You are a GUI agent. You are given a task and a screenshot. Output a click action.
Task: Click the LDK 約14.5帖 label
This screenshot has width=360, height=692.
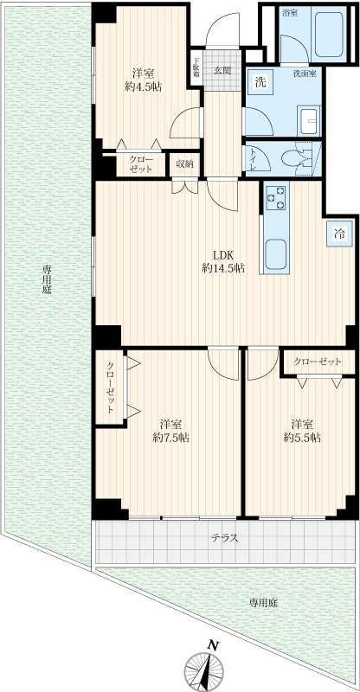click(223, 261)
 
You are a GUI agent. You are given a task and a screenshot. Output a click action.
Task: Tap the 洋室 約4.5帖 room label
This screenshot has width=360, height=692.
click(143, 80)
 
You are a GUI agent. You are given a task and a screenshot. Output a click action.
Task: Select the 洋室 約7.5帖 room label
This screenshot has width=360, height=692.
click(171, 431)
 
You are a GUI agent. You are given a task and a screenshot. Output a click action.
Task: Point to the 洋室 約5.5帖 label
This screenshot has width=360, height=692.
click(302, 431)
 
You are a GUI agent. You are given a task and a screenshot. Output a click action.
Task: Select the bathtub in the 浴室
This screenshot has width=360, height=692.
click(328, 34)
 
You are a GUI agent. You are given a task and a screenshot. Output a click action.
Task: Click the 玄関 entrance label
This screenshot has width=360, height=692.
click(222, 70)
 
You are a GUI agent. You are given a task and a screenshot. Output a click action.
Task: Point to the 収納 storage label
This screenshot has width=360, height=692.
click(185, 164)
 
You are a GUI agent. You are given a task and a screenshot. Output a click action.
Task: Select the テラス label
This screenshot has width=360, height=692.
click(225, 538)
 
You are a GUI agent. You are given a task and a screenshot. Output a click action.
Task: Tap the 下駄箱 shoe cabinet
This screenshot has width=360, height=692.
click(196, 69)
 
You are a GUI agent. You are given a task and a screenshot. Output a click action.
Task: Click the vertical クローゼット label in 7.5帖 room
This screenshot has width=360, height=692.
click(111, 387)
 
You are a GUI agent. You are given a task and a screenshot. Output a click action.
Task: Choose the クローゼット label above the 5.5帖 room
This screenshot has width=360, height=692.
click(318, 362)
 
